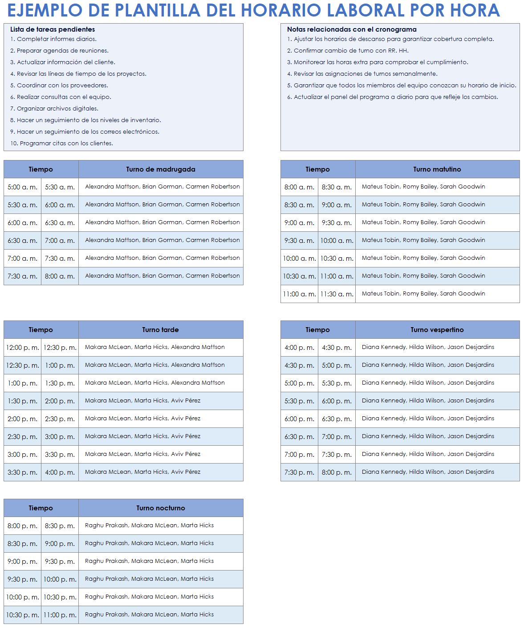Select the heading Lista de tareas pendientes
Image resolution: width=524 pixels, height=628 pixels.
[53, 29]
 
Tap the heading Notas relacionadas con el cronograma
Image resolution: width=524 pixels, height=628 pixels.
[352, 29]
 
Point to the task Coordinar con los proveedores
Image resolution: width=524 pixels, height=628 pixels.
[62, 86]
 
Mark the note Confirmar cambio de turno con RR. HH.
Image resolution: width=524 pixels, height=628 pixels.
[351, 51]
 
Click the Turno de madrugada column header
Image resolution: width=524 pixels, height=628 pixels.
[161, 169]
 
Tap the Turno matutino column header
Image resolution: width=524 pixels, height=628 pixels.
[437, 169]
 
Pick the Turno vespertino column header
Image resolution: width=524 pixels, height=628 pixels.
[437, 330]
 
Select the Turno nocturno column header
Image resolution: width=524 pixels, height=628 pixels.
[161, 508]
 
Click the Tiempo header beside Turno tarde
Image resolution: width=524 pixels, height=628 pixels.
[41, 330]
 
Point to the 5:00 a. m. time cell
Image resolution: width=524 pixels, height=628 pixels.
[22, 187]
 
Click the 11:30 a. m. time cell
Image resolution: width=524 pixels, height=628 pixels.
[337, 294]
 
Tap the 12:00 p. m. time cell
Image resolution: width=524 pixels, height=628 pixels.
[22, 348]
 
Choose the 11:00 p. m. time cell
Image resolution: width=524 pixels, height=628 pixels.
[60, 615]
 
